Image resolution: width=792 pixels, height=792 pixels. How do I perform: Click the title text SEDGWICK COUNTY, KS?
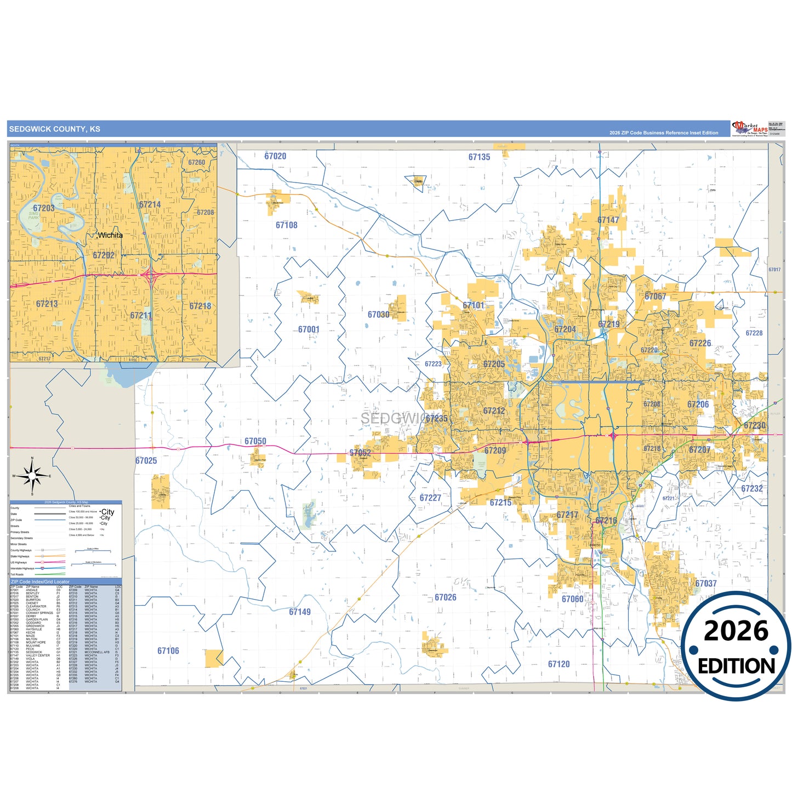pyautogui.click(x=55, y=129)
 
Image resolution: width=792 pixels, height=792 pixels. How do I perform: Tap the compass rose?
pyautogui.click(x=32, y=476)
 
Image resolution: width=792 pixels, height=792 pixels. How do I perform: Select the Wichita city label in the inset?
pyautogui.click(x=110, y=235)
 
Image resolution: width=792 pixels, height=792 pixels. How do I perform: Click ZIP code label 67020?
pyautogui.click(x=275, y=156)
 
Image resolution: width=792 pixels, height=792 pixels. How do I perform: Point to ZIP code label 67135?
pyautogui.click(x=479, y=157)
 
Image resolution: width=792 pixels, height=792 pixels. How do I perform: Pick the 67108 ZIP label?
pyautogui.click(x=287, y=225)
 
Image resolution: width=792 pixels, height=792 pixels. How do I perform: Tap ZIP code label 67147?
pyautogui.click(x=608, y=220)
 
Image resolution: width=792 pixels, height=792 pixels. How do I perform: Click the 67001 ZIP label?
pyautogui.click(x=309, y=329)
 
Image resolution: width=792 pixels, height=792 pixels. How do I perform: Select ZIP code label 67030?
pyautogui.click(x=378, y=315)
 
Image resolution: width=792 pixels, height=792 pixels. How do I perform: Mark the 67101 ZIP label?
pyautogui.click(x=474, y=305)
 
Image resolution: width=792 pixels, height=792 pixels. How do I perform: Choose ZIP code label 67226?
pyautogui.click(x=700, y=343)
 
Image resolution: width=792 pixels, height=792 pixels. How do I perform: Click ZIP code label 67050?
pyautogui.click(x=255, y=441)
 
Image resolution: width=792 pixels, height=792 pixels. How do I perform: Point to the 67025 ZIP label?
pyautogui.click(x=146, y=460)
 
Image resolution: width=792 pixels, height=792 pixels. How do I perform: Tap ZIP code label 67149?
pyautogui.click(x=300, y=612)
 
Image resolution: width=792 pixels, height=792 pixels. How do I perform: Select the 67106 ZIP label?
pyautogui.click(x=168, y=651)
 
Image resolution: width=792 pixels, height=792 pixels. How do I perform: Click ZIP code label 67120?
pyautogui.click(x=559, y=664)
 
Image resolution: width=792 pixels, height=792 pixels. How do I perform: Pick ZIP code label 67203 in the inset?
pyautogui.click(x=44, y=208)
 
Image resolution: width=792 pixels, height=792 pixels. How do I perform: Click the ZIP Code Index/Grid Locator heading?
pyautogui.click(x=41, y=582)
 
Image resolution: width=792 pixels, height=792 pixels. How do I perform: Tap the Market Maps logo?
pyautogui.click(x=750, y=129)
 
